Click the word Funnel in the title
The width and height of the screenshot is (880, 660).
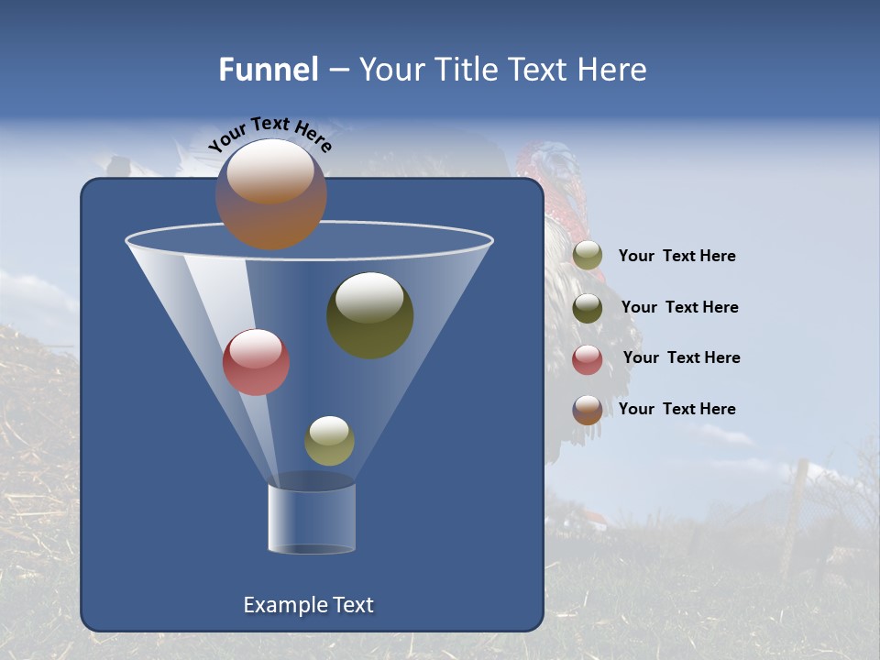coord(268,70)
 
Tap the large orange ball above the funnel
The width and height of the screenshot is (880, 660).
coord(271,193)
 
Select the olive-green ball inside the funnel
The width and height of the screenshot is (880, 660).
coord(369,314)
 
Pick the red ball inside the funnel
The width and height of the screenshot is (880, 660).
coord(256,362)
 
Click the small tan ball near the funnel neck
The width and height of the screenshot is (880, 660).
coord(329,440)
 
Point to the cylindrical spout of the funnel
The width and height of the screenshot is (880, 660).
coord(312,518)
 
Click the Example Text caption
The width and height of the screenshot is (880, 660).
coord(309,605)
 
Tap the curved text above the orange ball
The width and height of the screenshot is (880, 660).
coord(269,133)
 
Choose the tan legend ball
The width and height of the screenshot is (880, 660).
coord(588,256)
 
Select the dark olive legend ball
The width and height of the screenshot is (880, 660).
coord(588,308)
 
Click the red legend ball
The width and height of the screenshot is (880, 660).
coord(588,359)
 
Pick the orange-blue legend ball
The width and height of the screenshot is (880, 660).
coord(588,410)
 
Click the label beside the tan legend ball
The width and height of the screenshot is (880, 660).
coord(676,257)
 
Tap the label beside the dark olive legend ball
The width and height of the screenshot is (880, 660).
coord(679,307)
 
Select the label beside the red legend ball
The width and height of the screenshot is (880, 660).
coord(681,357)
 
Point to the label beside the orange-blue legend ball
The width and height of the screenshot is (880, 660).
coord(676,409)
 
